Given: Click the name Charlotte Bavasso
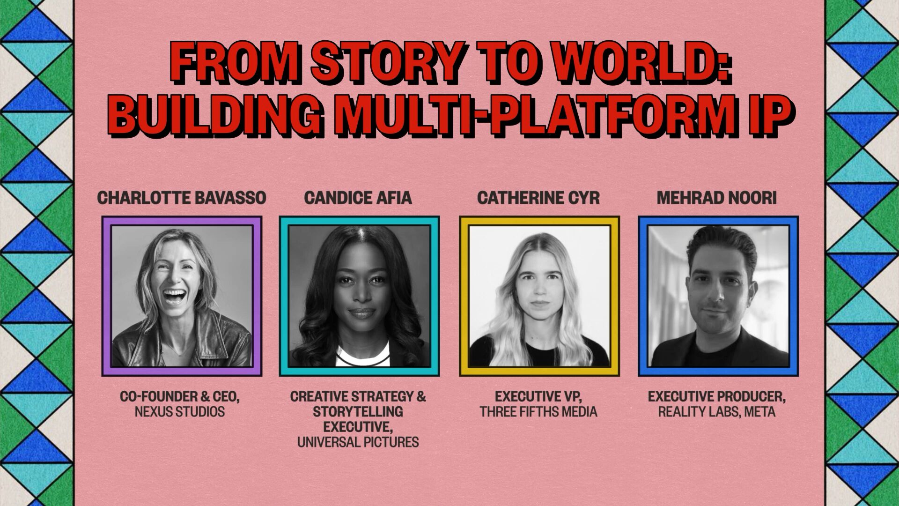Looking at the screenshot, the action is click(x=182, y=198).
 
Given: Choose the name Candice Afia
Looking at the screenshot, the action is click(x=358, y=198).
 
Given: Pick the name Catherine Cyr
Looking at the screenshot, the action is click(x=538, y=198).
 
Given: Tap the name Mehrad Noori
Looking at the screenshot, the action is click(x=717, y=198).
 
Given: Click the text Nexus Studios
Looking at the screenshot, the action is click(x=180, y=412).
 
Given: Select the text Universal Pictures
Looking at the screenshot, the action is click(x=358, y=442).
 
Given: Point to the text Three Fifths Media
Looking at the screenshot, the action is click(x=538, y=412).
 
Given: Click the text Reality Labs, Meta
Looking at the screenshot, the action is click(x=717, y=412).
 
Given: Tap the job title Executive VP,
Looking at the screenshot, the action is click(x=538, y=396).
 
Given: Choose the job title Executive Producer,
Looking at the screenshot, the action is click(x=717, y=396).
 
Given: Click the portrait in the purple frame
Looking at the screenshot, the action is click(x=182, y=296).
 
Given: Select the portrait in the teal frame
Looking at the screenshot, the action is click(x=359, y=296).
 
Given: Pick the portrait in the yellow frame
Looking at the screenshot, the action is click(x=539, y=296).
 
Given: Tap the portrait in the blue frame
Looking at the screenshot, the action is click(x=718, y=296).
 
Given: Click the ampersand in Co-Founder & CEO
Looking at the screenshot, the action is click(x=205, y=396).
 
